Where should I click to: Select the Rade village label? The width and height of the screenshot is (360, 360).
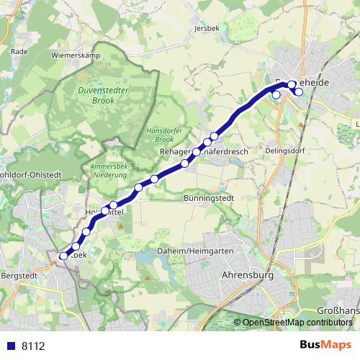pyautogui.click(x=19, y=52)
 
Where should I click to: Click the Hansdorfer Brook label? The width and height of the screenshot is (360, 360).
pyautogui.click(x=156, y=134)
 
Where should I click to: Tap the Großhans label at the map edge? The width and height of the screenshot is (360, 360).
pyautogui.click(x=339, y=310)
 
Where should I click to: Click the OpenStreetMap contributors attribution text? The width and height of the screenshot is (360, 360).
pyautogui.click(x=297, y=323)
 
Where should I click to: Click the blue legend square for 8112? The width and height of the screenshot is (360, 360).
pyautogui.click(x=10, y=346)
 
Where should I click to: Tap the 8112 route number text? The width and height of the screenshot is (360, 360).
pyautogui.click(x=33, y=346)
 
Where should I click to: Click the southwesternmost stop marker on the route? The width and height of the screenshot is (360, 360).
pyautogui.click(x=63, y=256)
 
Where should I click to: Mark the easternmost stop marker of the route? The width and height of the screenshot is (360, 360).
pyautogui.click(x=298, y=91)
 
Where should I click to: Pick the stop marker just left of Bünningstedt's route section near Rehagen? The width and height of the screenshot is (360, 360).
pyautogui.click(x=185, y=163)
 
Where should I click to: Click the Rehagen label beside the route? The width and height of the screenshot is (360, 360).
pyautogui.click(x=174, y=152)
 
